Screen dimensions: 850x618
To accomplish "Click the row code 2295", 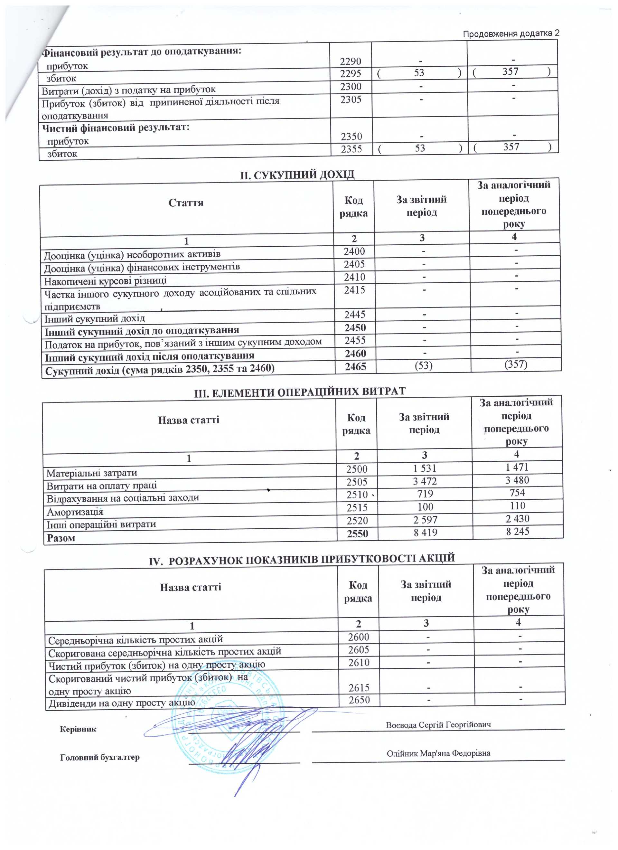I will tap(351, 73).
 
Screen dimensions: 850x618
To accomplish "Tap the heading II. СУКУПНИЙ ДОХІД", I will tap(297, 175).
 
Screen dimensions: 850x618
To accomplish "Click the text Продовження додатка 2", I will tap(511, 33).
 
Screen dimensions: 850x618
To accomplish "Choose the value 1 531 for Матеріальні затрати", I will tap(425, 468).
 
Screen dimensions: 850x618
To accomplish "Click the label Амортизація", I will tap(75, 512).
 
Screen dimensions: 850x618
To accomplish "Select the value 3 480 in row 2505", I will tap(517, 480).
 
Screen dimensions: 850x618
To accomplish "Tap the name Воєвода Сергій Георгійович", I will tap(438, 725).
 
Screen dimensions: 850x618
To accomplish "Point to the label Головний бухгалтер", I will tap(100, 757).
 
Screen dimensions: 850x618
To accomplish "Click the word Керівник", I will tap(78, 729).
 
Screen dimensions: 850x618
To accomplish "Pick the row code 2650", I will tap(359, 700).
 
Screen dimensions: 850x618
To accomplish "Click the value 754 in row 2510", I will tap(517, 493).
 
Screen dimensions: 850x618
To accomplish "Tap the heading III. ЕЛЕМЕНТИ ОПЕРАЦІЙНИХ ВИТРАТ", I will tap(299, 392).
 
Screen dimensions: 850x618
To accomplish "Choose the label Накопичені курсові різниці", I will tap(105, 281).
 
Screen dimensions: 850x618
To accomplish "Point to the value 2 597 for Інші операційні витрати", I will tap(425, 520).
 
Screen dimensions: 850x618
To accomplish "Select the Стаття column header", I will tap(186, 203).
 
